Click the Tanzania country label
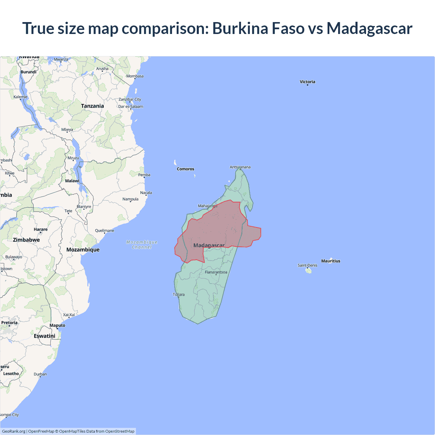92,106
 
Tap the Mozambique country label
83,250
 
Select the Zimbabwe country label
27,240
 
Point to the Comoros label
186,169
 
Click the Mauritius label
331,261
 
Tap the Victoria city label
308,82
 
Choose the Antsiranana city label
240,167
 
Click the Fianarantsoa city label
216,272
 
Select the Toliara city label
179,295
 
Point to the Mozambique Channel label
142,245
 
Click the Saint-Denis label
308,265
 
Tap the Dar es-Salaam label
131,106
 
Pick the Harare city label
41,229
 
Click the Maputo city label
57,325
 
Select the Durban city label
40,374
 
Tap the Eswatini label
45,336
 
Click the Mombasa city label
135,76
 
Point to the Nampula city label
130,199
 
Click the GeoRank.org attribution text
14,431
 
